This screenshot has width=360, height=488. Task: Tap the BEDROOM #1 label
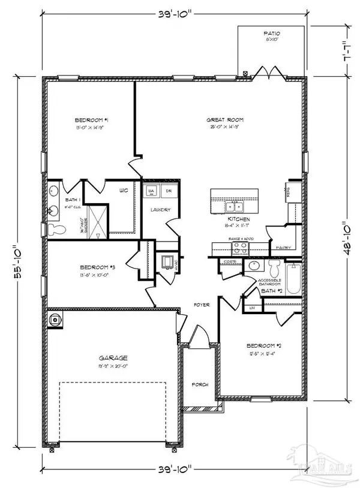click(x=92, y=120)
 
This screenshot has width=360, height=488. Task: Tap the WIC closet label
click(x=124, y=191)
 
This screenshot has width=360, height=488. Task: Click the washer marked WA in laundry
click(x=151, y=191)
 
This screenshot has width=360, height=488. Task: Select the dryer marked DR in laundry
click(x=169, y=191)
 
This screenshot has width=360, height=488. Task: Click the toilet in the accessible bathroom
click(x=275, y=267)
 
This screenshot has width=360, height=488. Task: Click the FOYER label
click(x=200, y=305)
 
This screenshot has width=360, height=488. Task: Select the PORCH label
click(x=200, y=384)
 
